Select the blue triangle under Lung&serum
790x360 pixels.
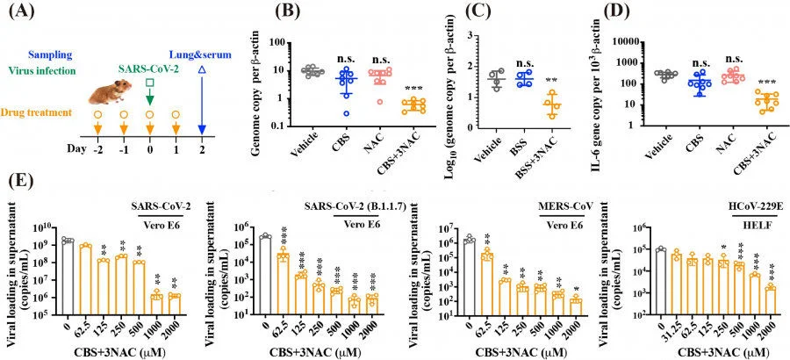pyautogui.click(x=203, y=68)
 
